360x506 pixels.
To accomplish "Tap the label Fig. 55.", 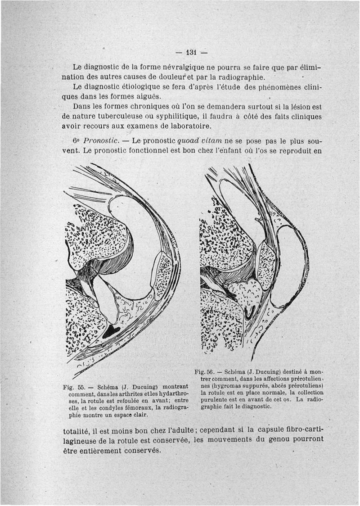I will coord(76,386).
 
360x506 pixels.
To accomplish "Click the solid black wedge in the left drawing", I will coord(111,332).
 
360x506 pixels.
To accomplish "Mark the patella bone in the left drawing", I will coord(160,275).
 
